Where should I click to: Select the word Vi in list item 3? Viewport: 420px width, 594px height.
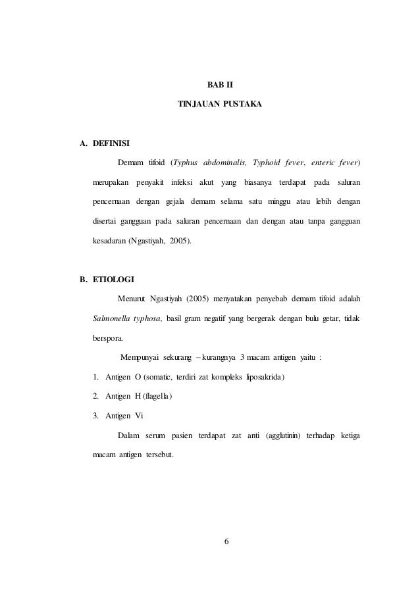click(x=140, y=416)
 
